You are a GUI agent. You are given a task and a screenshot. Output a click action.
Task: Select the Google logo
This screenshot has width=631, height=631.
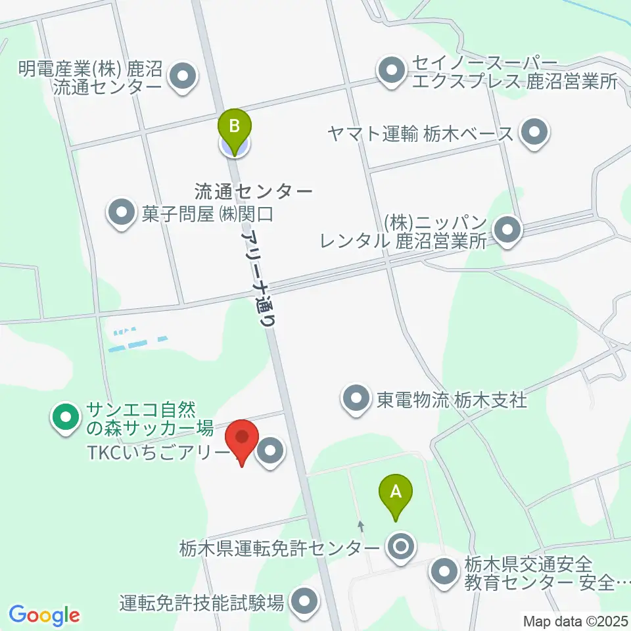pyautogui.click(x=44, y=615)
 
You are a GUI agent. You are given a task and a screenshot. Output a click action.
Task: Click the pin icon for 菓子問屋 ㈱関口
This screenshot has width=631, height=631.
pyautogui.click(x=122, y=213)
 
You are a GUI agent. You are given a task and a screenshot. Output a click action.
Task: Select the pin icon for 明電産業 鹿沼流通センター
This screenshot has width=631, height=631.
pyautogui.click(x=183, y=76)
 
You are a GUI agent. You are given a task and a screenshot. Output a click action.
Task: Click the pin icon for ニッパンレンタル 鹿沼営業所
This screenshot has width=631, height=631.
pyautogui.click(x=507, y=231)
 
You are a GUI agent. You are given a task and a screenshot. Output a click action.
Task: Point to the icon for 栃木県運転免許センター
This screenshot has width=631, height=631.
pyautogui.click(x=400, y=546)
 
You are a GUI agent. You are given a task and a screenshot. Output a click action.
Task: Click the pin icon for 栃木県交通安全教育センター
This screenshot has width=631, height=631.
pyautogui.click(x=445, y=571)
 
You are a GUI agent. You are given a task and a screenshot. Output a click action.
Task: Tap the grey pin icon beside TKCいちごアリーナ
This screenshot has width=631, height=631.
pyautogui.click(x=270, y=452)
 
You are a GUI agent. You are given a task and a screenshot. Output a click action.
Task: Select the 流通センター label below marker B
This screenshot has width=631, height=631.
pyautogui.click(x=254, y=191)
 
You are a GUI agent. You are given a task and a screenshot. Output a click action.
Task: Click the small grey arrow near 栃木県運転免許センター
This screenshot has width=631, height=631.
pyautogui.click(x=360, y=526)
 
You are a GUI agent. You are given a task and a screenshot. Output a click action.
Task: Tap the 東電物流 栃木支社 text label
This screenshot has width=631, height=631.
pyautogui.click(x=452, y=399)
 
